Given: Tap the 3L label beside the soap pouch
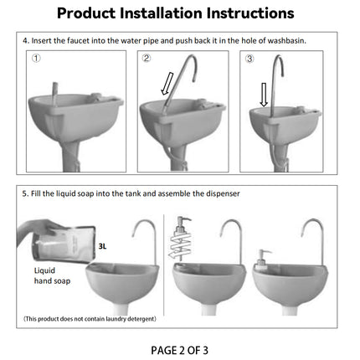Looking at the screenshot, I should [x=103, y=247].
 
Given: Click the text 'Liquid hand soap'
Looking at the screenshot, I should [x=51, y=276].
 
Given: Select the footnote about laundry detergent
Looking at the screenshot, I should [x=89, y=319].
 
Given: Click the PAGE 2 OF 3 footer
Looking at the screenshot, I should [x=180, y=349].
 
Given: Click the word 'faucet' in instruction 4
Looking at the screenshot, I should [x=75, y=40].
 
